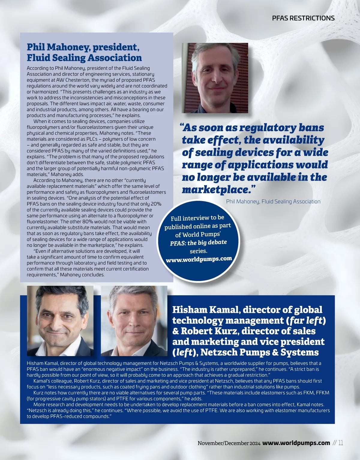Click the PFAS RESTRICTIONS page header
(x=303, y=18)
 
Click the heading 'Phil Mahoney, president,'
(x=83, y=47)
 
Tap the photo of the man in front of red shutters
(x=215, y=78)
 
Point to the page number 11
(x=340, y=443)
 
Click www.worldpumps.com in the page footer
(x=296, y=443)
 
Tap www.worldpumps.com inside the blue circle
(x=199, y=259)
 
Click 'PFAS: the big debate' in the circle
(x=198, y=242)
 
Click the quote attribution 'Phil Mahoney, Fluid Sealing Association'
(x=273, y=202)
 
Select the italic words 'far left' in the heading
(x=306, y=320)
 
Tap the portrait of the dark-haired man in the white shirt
(x=60, y=321)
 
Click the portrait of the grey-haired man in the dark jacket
(x=134, y=321)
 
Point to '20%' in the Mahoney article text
(x=156, y=204)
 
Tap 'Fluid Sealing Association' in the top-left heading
(x=84, y=58)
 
